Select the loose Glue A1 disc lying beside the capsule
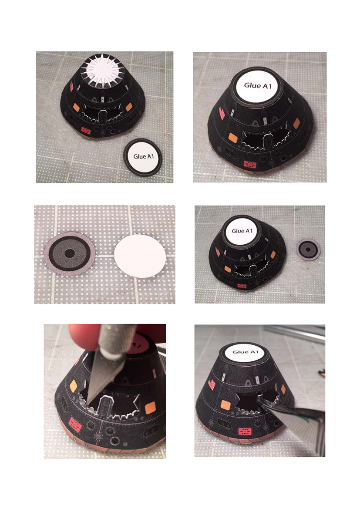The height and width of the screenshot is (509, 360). pyautogui.click(x=144, y=157)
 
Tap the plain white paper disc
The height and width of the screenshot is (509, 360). pyautogui.click(x=140, y=256)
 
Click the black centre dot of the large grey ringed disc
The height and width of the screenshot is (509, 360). pyautogui.click(x=70, y=253)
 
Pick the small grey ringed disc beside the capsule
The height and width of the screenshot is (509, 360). pyautogui.click(x=308, y=249)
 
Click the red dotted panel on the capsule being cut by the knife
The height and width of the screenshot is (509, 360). pyautogui.click(x=75, y=425)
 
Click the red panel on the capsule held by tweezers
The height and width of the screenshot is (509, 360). pyautogui.click(x=245, y=431)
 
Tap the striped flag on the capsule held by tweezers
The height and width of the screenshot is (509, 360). pyautogui.click(x=211, y=384)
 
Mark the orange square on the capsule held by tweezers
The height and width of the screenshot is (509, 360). pyautogui.click(x=225, y=405)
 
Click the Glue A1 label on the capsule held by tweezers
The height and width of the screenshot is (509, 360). pyautogui.click(x=246, y=352)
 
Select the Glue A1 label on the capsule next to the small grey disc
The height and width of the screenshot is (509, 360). pyautogui.click(x=242, y=231)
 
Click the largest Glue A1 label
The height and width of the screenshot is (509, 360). pyautogui.click(x=258, y=86)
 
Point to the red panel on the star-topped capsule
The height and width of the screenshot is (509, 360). pyautogui.click(x=86, y=131)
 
